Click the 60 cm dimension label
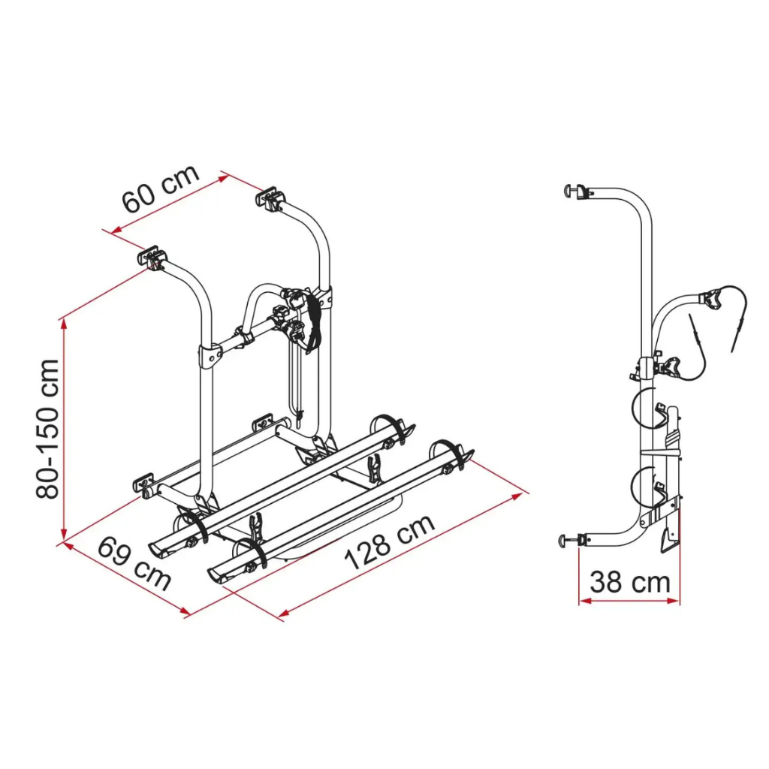pos(161,188)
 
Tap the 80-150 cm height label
pos(48,429)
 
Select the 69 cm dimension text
pos(134,564)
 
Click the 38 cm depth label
pos(630,582)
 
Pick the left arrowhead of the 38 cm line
pos(585,600)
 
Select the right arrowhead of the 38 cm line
pos(674,600)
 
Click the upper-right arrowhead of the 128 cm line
pos(517,496)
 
